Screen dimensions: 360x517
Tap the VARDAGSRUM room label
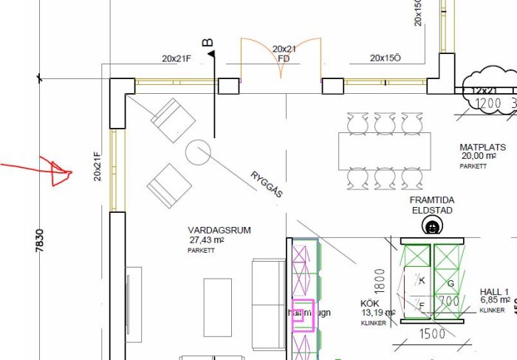(219, 231)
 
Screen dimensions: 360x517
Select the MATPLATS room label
(481, 146)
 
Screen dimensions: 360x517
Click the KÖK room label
(369, 304)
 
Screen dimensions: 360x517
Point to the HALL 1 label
(495, 291)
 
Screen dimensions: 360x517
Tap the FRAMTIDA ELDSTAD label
(431, 205)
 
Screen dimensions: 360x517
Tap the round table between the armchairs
(198, 153)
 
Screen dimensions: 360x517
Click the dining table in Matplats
(384, 152)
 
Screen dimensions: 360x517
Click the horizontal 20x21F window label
(177, 58)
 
